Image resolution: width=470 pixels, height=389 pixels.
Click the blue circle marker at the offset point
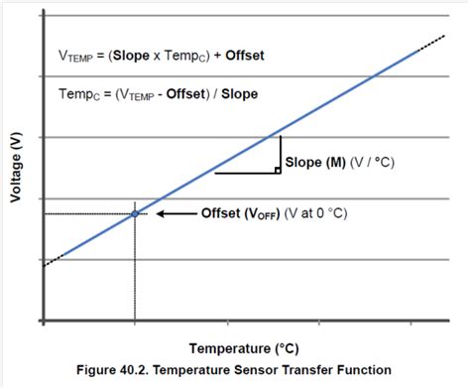pyautogui.click(x=134, y=213)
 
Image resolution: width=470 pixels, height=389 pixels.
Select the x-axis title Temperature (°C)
pyautogui.click(x=244, y=348)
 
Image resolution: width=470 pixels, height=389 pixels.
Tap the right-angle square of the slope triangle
pyautogui.click(x=278, y=170)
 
